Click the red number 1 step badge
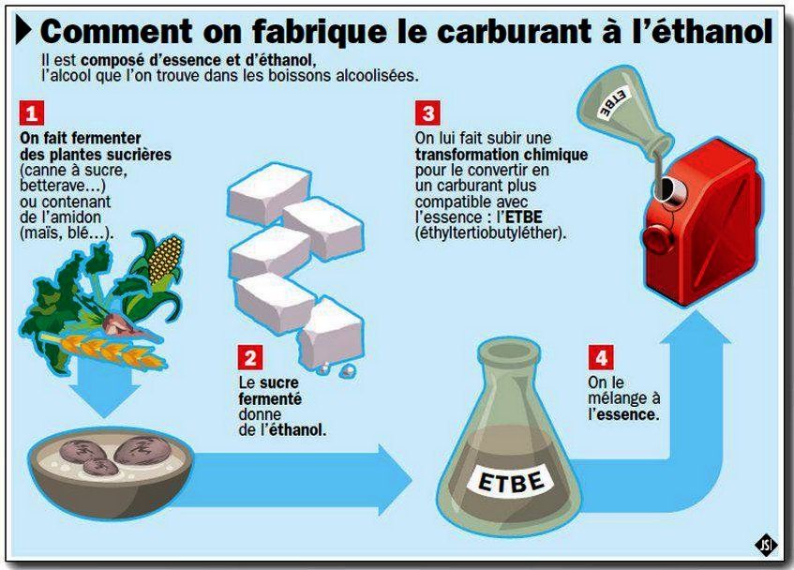(31, 112)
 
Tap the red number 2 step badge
(250, 357)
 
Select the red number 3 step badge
(427, 112)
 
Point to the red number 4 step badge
(601, 357)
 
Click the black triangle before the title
(23, 30)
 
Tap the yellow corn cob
(166, 259)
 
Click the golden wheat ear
(104, 351)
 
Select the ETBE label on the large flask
(512, 479)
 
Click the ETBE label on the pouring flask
(614, 102)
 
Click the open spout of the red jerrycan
(668, 188)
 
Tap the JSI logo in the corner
(766, 545)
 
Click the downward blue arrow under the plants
(105, 390)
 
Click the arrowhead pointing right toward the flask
(395, 479)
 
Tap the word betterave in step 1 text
(56, 186)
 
